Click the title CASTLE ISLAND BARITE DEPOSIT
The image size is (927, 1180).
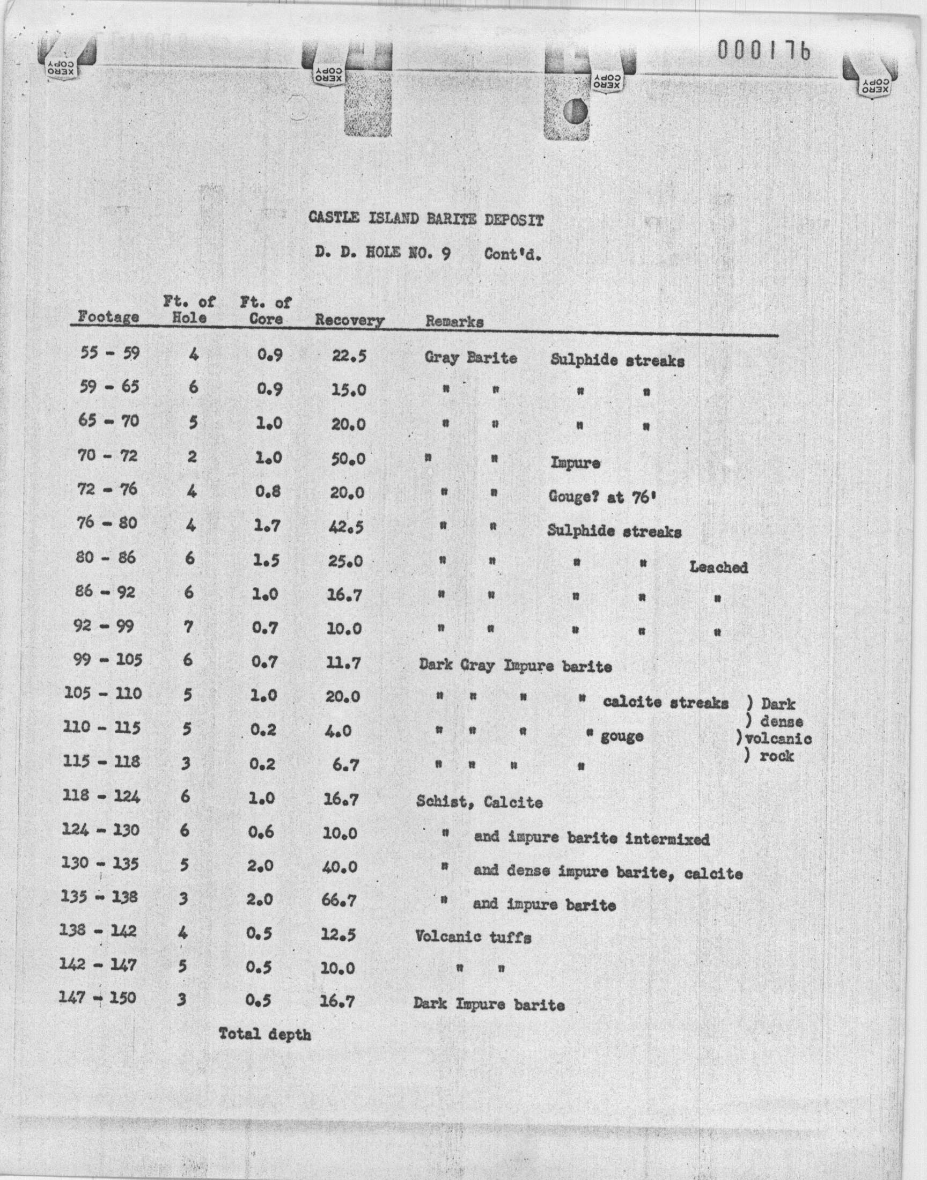[x=426, y=219]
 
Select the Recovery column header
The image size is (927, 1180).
[x=350, y=320]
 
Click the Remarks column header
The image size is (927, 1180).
[x=454, y=321]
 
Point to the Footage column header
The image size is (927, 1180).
[x=108, y=316]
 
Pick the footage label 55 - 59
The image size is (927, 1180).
[x=109, y=353]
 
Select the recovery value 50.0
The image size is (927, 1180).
[x=349, y=459]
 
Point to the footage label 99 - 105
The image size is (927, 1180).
[x=107, y=660]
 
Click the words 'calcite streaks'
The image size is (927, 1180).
[x=665, y=703]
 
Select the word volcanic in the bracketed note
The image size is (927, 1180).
[x=779, y=739]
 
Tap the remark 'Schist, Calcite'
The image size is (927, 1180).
[x=479, y=802]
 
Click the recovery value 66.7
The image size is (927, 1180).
[x=339, y=901]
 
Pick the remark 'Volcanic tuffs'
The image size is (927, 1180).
[x=473, y=937]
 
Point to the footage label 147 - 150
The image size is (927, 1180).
[x=98, y=998]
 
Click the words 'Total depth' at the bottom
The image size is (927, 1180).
[x=265, y=1034]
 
